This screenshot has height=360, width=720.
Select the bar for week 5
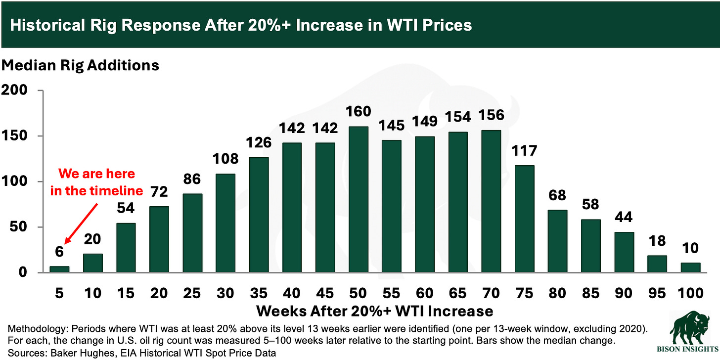click(60, 269)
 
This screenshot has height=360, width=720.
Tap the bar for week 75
click(524, 219)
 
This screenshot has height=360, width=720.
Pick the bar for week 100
click(691, 267)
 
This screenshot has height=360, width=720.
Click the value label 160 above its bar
click(359, 112)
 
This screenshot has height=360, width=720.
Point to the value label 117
click(524, 150)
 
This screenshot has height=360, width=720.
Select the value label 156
click(491, 115)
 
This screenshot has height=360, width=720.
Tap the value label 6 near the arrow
click(60, 251)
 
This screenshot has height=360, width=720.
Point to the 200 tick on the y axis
click(14, 90)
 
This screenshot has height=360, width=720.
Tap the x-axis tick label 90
click(624, 293)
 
